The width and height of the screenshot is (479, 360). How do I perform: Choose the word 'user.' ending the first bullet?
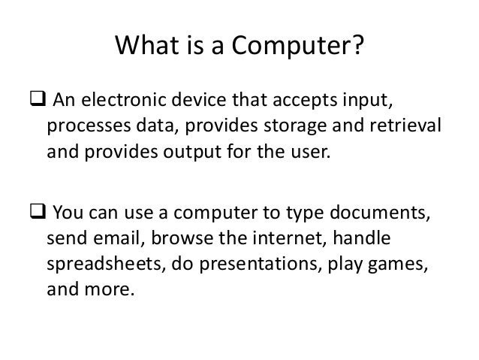click(x=308, y=156)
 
